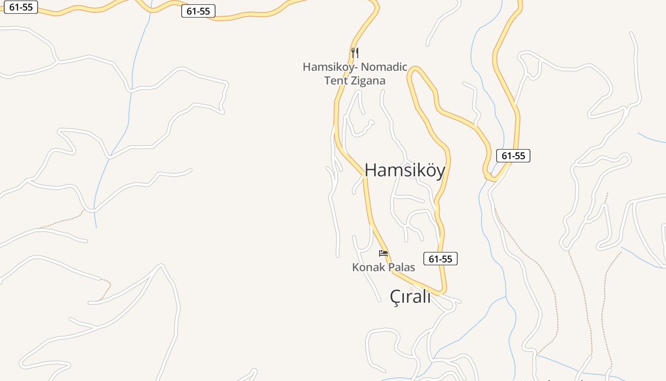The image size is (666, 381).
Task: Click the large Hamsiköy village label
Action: [405, 170]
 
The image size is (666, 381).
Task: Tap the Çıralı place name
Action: [410, 296]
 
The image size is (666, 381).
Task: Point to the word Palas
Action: [402, 267]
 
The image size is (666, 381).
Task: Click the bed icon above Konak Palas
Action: [383, 253]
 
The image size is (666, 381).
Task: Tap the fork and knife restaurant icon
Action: [354, 52]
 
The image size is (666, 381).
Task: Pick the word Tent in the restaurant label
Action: [335, 80]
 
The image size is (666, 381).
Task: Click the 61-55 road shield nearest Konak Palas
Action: [440, 259]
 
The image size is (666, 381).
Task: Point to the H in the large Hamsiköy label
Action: [371, 170]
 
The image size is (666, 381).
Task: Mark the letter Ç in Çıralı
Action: [395, 297]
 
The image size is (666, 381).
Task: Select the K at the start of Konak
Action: [355, 267]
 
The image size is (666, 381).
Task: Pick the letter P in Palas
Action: [392, 267]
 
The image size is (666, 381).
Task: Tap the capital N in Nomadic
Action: [366, 67]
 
